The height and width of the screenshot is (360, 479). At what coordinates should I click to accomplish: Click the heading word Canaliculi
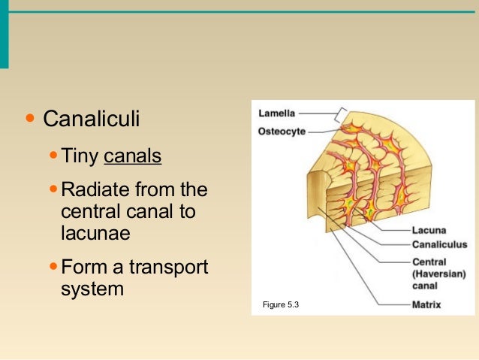[x=92, y=119]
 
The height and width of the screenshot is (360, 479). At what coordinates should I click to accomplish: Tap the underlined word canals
[x=133, y=157]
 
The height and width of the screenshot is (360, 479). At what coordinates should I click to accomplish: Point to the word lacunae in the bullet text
[x=95, y=234]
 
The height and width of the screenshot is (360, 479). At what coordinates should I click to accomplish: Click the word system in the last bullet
[x=92, y=288]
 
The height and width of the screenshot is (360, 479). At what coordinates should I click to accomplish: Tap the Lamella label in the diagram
[x=277, y=114]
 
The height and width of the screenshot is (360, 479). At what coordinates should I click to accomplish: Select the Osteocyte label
[x=281, y=131]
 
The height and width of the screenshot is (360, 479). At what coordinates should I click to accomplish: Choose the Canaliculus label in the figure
[x=439, y=244]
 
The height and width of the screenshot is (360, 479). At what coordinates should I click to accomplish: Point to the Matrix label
[x=426, y=305]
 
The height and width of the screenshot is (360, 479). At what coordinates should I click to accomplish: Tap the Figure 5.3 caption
[x=281, y=304]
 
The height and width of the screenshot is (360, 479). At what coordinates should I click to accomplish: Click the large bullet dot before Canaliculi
[x=30, y=119]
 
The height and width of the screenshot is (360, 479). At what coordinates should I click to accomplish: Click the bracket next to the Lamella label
[x=342, y=115]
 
